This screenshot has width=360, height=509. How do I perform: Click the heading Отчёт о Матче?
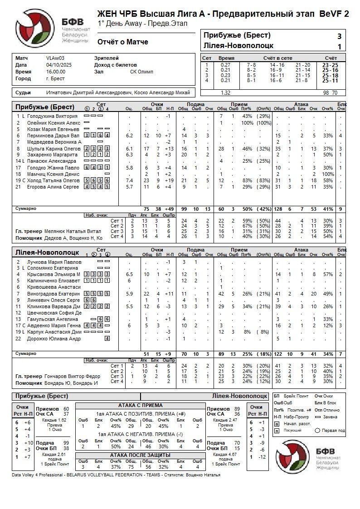point(122,42)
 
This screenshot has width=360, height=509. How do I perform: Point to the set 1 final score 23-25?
point(330,65)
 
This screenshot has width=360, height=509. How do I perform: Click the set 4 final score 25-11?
point(330,81)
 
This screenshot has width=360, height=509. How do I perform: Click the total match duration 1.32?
point(225,92)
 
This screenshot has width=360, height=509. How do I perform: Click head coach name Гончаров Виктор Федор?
point(73,376)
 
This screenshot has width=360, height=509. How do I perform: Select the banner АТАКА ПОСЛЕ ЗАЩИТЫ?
point(140,455)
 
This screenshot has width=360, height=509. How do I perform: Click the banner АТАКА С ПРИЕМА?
point(140,405)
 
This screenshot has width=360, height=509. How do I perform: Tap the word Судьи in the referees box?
point(23,92)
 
